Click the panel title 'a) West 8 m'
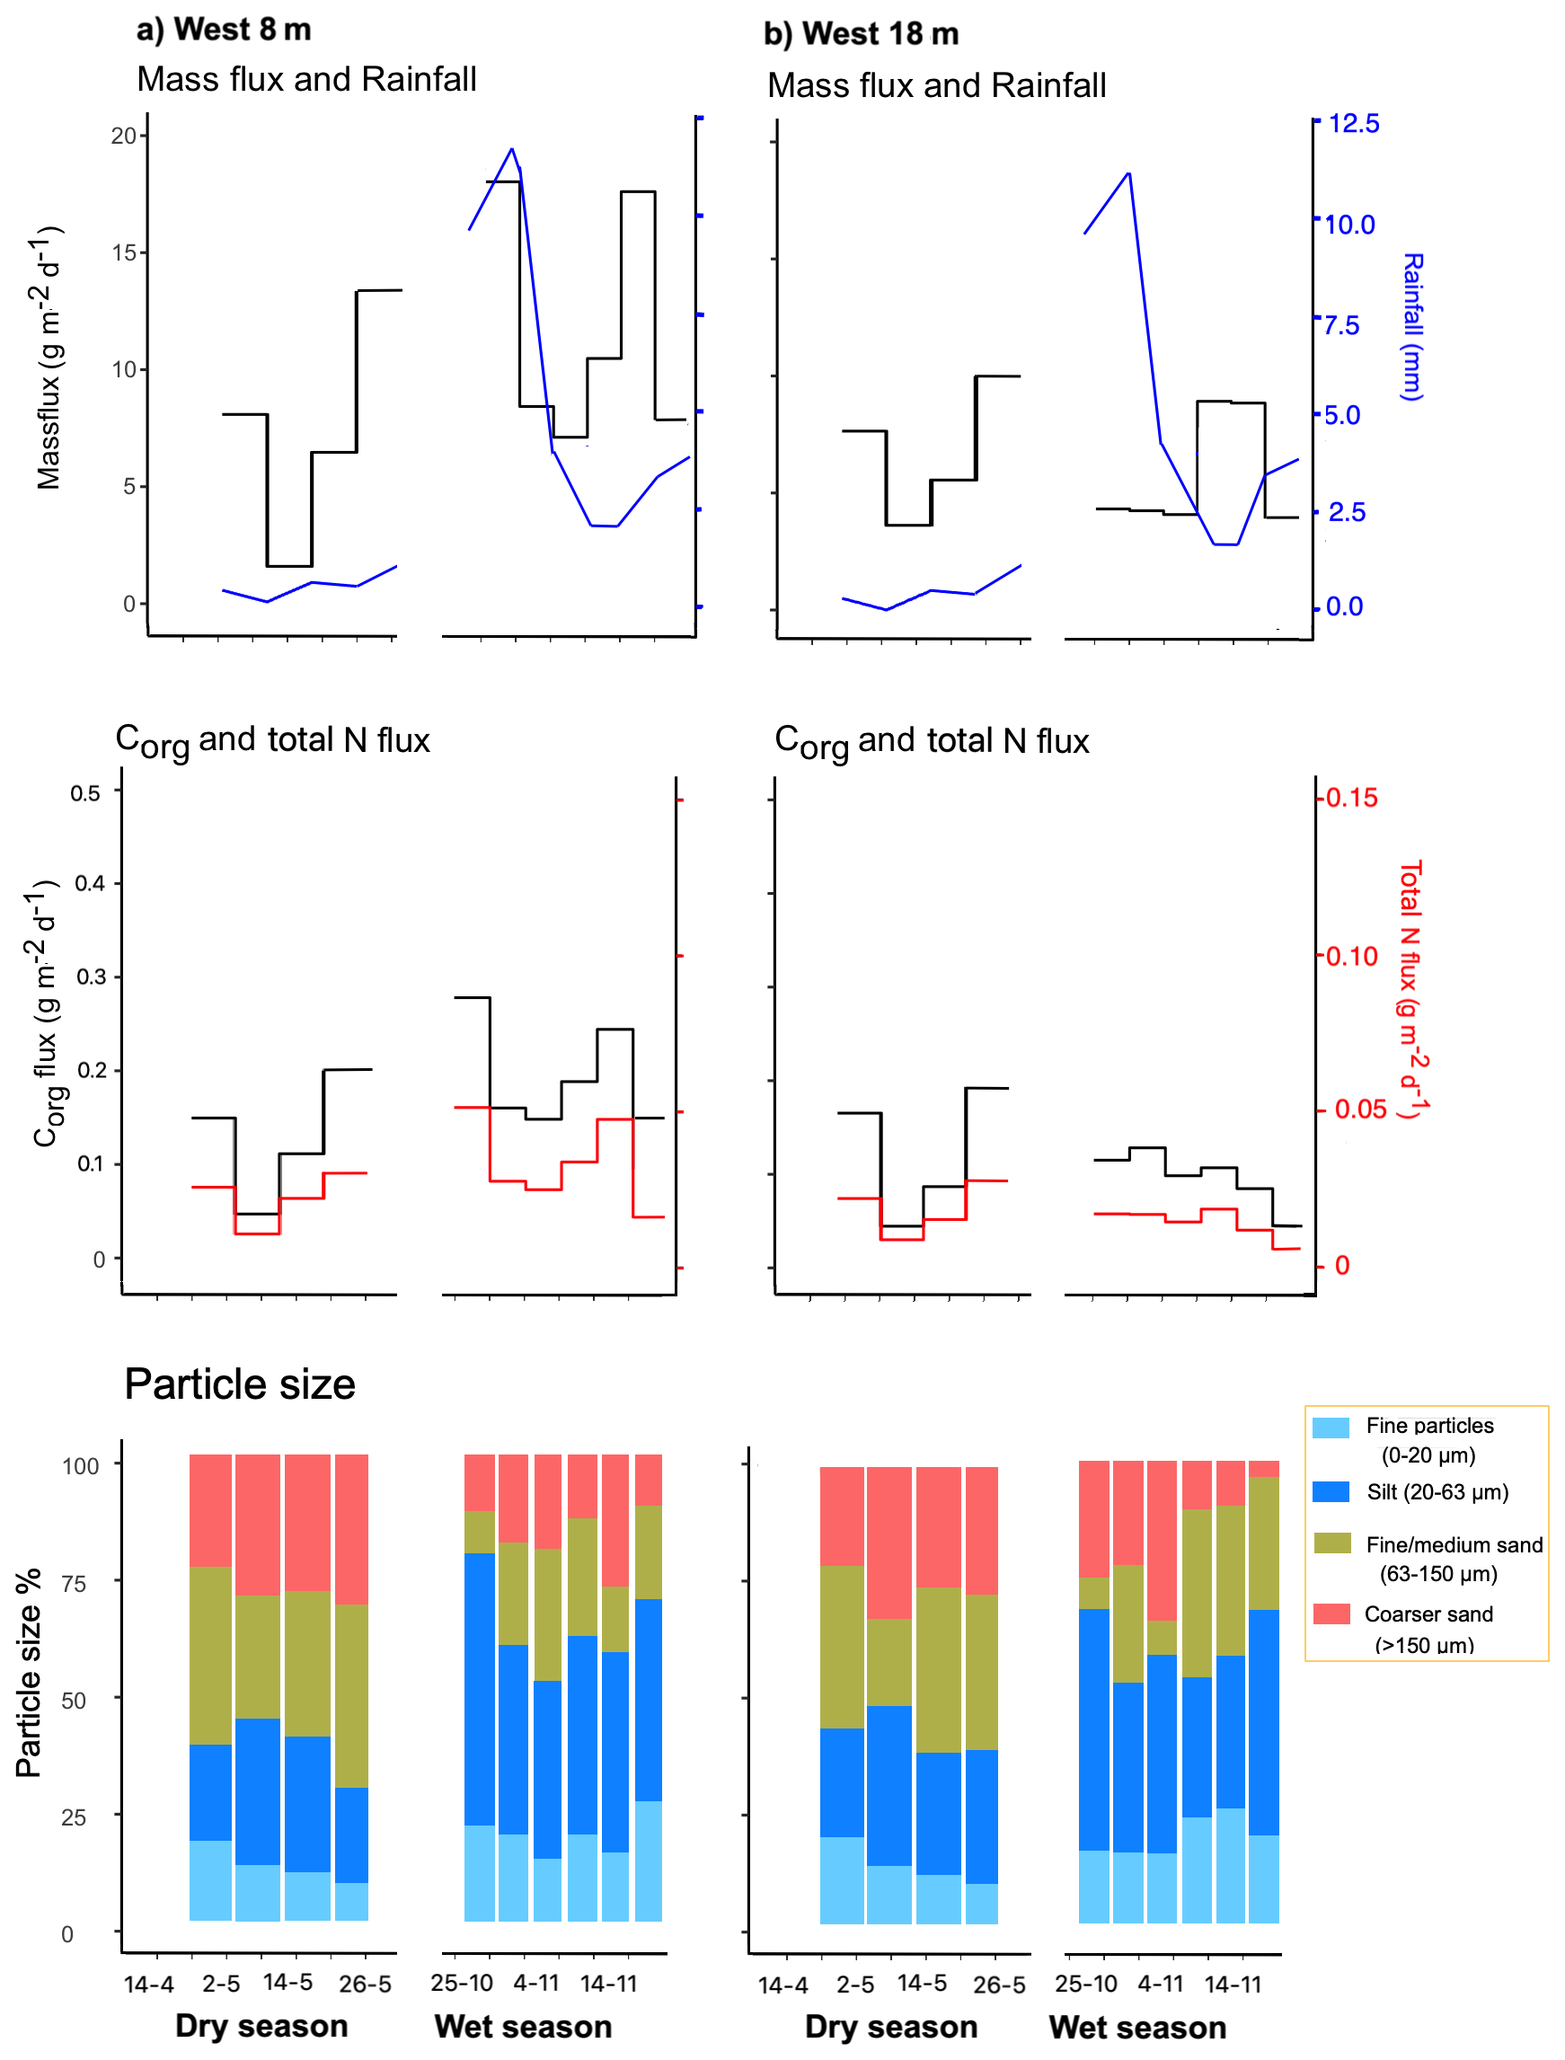tap(224, 30)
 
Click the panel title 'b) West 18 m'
tap(861, 34)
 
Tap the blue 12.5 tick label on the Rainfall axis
tap(1354, 123)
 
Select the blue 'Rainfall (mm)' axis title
tap(1412, 327)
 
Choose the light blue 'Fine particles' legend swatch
tap(1331, 1428)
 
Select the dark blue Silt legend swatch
tap(1331, 1491)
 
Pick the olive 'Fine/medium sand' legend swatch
tap(1331, 1543)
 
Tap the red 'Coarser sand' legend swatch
tap(1331, 1614)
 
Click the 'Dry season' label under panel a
tap(261, 2026)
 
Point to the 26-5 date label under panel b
tap(1000, 1985)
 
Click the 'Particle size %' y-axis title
tap(29, 1672)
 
